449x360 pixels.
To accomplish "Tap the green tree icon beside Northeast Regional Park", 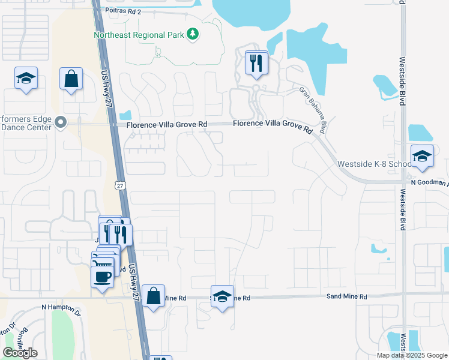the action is point(192,34).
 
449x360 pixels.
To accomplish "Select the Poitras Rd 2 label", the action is point(123,11).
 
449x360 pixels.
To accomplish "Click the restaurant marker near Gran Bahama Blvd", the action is point(256,64).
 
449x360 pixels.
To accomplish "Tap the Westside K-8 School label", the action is point(375,164).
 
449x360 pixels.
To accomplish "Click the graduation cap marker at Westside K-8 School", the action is point(422,158).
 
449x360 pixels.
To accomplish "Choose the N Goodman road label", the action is point(429,182).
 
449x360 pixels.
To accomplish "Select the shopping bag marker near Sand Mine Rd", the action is point(154,296).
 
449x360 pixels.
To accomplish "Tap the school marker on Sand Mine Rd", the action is point(222,297).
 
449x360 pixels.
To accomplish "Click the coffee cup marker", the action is point(101,277).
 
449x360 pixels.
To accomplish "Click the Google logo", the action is point(20,353).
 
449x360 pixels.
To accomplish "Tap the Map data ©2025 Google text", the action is point(412,355).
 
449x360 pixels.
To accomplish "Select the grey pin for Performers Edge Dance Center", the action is point(60,122).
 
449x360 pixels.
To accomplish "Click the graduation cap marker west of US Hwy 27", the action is point(26,79).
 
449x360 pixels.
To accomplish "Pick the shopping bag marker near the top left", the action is point(71,79).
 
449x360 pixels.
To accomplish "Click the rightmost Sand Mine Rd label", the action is point(346,296).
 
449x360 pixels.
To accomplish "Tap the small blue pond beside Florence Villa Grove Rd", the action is point(125,115).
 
